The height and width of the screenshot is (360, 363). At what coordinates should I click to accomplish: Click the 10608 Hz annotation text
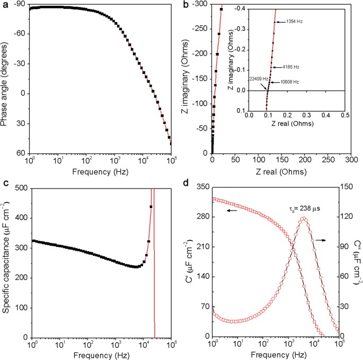[290, 82]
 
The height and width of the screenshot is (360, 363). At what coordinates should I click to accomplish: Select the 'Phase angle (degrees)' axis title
[5, 79]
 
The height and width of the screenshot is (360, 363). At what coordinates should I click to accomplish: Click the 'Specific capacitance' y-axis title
[6, 261]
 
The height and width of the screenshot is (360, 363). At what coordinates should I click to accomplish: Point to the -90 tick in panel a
[20, 4]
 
